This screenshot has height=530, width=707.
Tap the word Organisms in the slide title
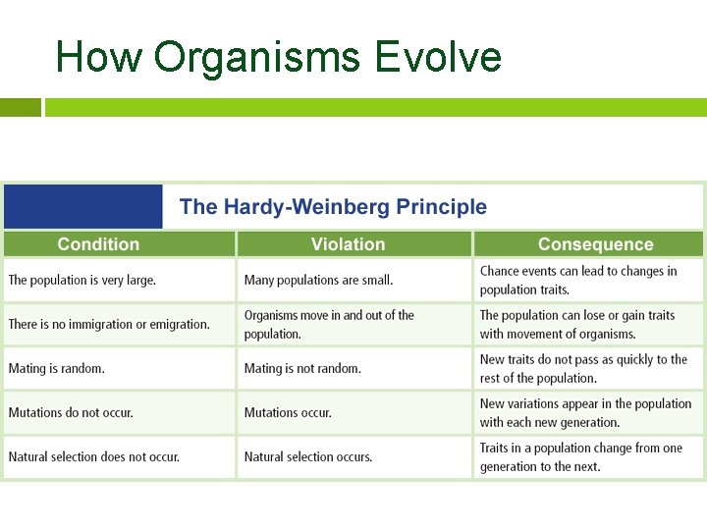(257, 57)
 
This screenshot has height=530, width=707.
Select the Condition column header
(98, 244)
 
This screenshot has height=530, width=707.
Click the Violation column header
(348, 244)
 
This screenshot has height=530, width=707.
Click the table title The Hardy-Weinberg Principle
(333, 207)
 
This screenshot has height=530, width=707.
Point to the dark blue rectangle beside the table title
(82, 206)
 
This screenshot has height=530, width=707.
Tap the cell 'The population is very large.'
(82, 280)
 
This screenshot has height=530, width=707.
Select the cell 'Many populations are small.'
(318, 280)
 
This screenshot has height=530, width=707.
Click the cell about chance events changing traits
(578, 280)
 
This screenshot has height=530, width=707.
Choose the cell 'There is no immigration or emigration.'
(109, 324)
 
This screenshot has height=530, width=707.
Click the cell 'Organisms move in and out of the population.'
(329, 324)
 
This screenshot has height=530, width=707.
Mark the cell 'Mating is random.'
(57, 368)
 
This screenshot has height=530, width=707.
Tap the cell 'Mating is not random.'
(302, 368)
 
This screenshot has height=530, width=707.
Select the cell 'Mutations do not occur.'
(71, 412)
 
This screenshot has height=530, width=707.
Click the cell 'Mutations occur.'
(288, 412)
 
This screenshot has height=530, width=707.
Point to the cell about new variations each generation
(585, 412)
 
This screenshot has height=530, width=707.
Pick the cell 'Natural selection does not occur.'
(94, 456)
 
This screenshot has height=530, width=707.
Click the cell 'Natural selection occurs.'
(308, 456)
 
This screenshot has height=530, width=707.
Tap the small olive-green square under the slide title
(20, 107)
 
